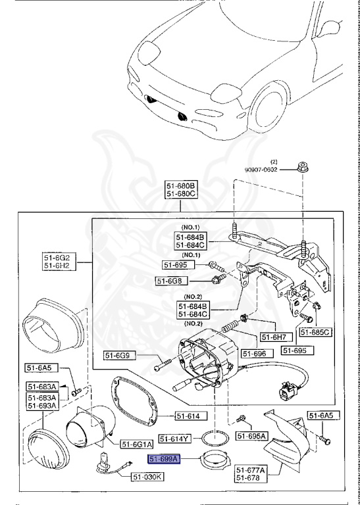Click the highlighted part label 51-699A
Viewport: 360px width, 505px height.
click(x=165, y=460)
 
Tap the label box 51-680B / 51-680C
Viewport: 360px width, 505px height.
click(x=180, y=190)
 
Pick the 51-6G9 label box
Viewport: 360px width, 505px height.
click(x=120, y=356)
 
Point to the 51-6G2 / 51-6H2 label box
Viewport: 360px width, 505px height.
click(x=57, y=262)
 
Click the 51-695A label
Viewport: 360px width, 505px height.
click(x=251, y=435)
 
